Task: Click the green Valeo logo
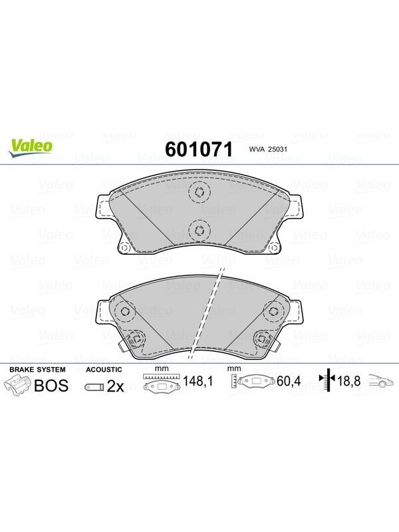tap(31, 148)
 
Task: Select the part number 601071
tap(199, 149)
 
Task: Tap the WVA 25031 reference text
tap(268, 149)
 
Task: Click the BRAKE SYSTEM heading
tap(37, 370)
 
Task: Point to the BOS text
tap(52, 386)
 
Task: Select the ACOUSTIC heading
tap(104, 370)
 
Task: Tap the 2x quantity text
tap(115, 386)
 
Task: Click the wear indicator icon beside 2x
tap(94, 387)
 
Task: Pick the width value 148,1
tap(198, 381)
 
